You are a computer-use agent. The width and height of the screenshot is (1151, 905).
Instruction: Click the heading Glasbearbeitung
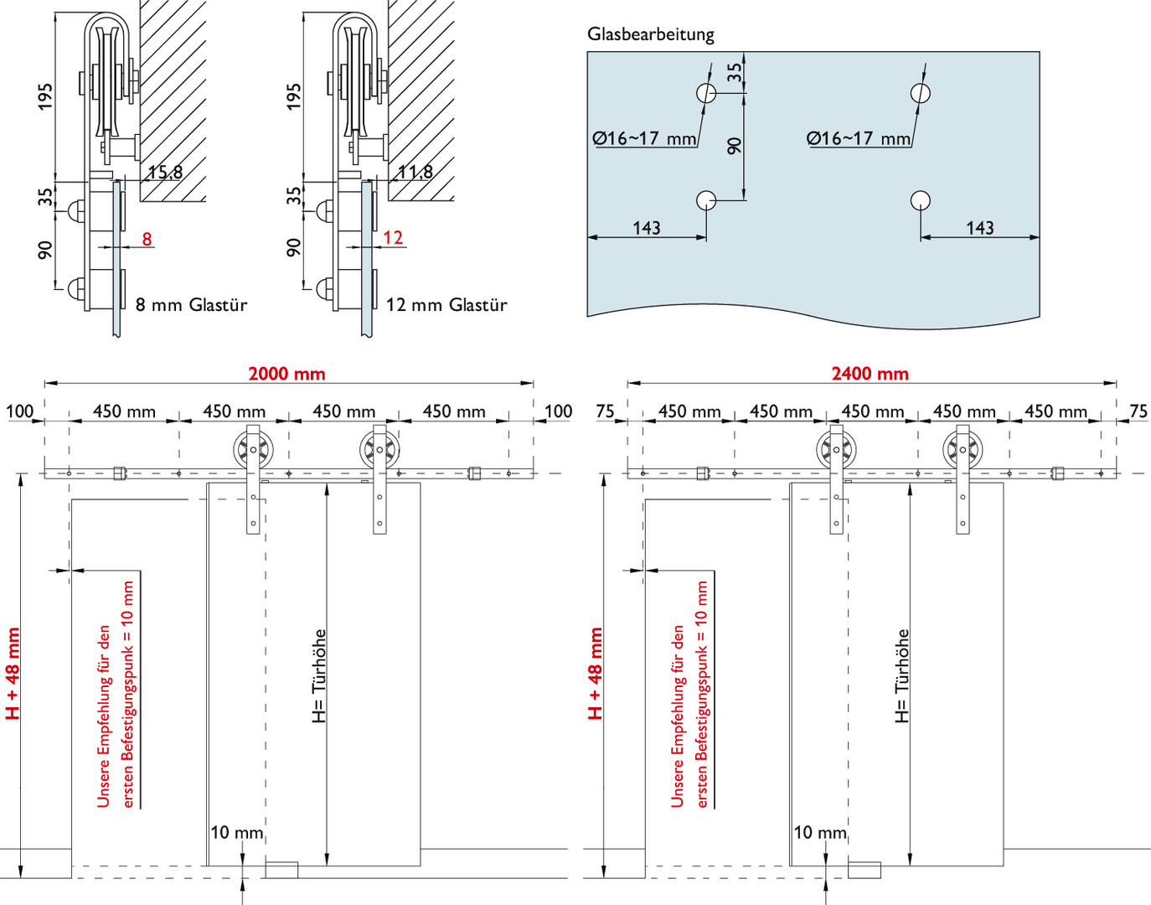click(x=650, y=35)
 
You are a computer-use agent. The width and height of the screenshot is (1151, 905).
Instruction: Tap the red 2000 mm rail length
click(x=286, y=374)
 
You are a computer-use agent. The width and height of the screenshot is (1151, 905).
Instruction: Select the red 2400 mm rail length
click(x=870, y=374)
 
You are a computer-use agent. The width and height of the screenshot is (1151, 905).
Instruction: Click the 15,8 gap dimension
click(x=165, y=173)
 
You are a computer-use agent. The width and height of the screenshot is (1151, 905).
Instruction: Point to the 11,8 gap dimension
click(x=415, y=173)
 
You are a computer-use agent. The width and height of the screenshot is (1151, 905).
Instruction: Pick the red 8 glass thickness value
click(x=147, y=239)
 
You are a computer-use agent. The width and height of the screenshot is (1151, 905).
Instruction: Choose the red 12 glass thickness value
click(x=393, y=237)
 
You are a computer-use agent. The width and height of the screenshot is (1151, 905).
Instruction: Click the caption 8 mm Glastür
click(x=191, y=305)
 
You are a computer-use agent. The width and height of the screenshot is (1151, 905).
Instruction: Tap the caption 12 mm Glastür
click(x=446, y=305)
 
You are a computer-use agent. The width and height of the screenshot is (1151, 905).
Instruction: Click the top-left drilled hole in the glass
click(x=706, y=93)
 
